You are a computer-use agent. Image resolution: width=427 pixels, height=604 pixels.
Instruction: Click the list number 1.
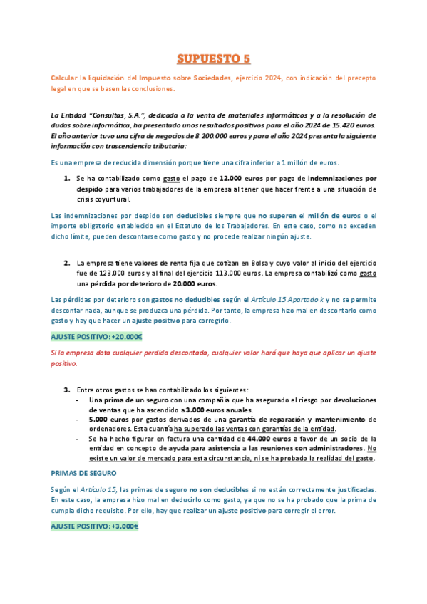pyautogui.click(x=66, y=178)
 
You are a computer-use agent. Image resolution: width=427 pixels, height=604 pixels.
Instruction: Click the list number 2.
pyautogui.click(x=66, y=263)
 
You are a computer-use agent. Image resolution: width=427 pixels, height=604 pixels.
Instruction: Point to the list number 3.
pyautogui.click(x=66, y=390)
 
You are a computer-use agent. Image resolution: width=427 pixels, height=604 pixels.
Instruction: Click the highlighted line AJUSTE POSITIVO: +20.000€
pyautogui.click(x=96, y=337)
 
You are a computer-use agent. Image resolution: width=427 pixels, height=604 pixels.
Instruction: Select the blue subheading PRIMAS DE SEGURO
pyautogui.click(x=83, y=472)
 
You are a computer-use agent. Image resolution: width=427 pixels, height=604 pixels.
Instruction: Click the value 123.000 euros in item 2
pyautogui.click(x=117, y=274)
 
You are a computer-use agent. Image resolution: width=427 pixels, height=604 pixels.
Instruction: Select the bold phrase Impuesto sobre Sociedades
pyautogui.click(x=185, y=77)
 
